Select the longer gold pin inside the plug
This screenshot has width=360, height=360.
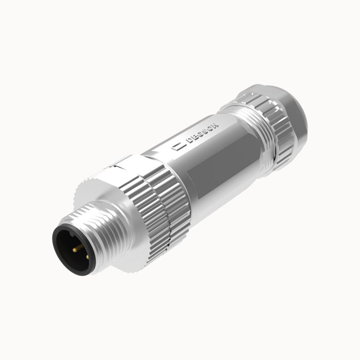point(77,248)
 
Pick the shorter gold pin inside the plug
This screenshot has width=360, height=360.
point(86,256)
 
